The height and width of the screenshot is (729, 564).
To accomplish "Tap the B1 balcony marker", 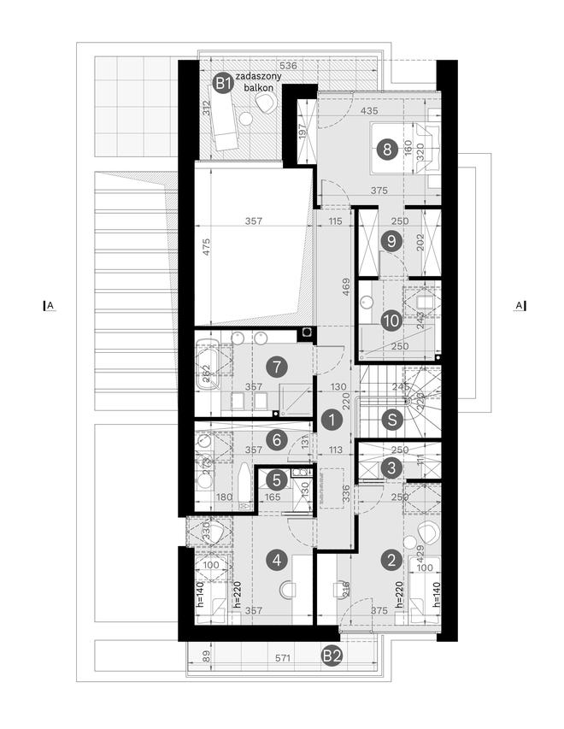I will click(x=222, y=83).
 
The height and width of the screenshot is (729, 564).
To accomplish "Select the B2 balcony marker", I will click(x=332, y=656).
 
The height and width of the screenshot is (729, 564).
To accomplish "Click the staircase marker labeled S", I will click(x=391, y=420).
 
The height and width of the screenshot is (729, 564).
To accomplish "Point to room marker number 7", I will click(x=275, y=367).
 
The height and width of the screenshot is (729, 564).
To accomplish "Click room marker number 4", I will click(x=275, y=561).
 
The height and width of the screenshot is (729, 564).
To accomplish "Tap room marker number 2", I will click(x=391, y=561).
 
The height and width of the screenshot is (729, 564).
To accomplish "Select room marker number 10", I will click(x=391, y=321).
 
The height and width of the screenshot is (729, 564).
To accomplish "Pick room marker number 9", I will click(x=391, y=242).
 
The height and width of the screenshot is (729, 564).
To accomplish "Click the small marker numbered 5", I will click(x=274, y=480).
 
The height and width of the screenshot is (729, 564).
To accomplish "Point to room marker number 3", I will click(x=391, y=467).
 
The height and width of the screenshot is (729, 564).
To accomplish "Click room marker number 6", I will click(x=275, y=440).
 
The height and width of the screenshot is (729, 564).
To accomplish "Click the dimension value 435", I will click(x=370, y=112).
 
